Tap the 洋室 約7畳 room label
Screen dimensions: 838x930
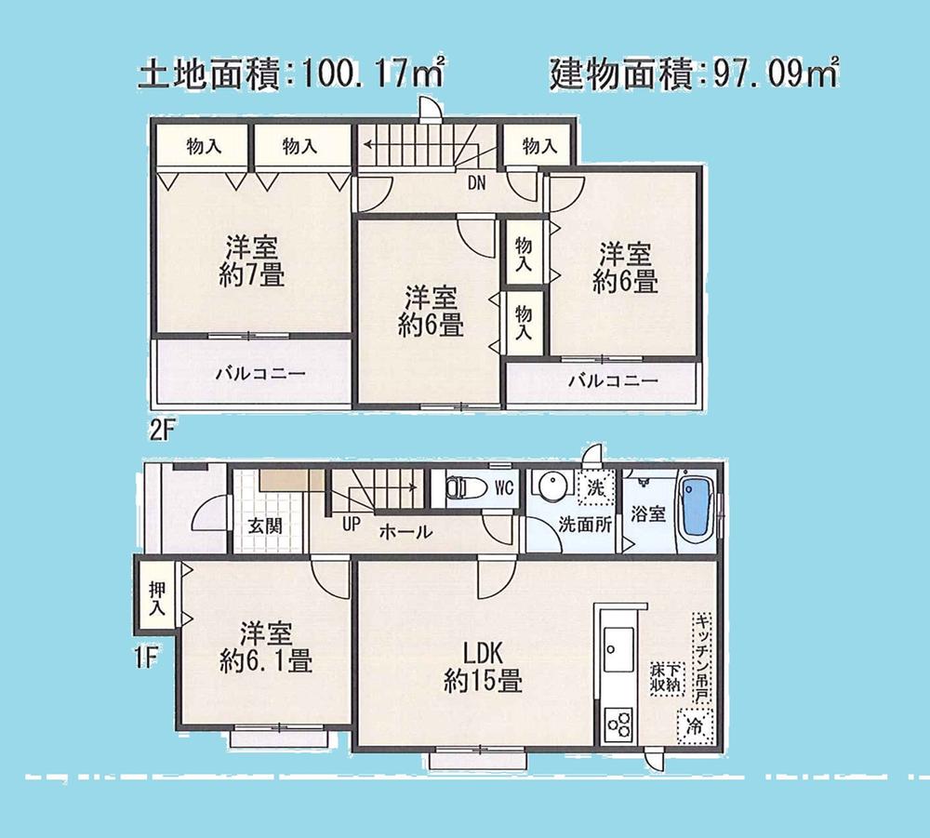point(253,261)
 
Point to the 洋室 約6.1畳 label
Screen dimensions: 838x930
point(266,648)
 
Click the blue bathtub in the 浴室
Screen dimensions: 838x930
point(697,509)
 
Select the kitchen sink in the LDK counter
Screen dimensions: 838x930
point(618,641)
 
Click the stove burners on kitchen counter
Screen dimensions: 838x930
point(618,721)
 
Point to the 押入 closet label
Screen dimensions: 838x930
point(156,597)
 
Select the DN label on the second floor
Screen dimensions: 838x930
point(475,183)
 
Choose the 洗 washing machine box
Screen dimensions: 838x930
point(592,485)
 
